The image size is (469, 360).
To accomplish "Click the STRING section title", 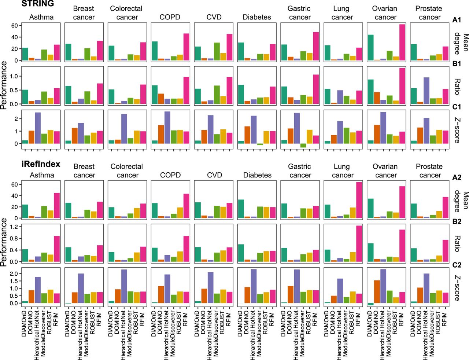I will pyautogui.click(x=38, y=4).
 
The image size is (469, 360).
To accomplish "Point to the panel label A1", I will pyautogui.click(x=457, y=20).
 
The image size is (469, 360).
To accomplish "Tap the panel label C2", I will pyautogui.click(x=457, y=265).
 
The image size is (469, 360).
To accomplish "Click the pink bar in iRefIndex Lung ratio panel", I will pyautogui.click(x=359, y=243).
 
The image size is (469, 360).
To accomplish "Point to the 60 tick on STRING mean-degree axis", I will pyautogui.click(x=14, y=25).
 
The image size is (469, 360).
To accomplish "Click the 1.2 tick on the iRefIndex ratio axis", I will pyautogui.click(x=14, y=227).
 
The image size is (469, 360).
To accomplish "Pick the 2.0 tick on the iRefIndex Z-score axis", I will pyautogui.click(x=14, y=274).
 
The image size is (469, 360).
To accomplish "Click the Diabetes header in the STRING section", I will pyautogui.click(x=257, y=17).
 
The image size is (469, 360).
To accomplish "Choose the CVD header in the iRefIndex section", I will pyautogui.click(x=214, y=175).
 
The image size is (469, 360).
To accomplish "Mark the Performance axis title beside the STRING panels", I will pyautogui.click(x=4, y=85).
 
